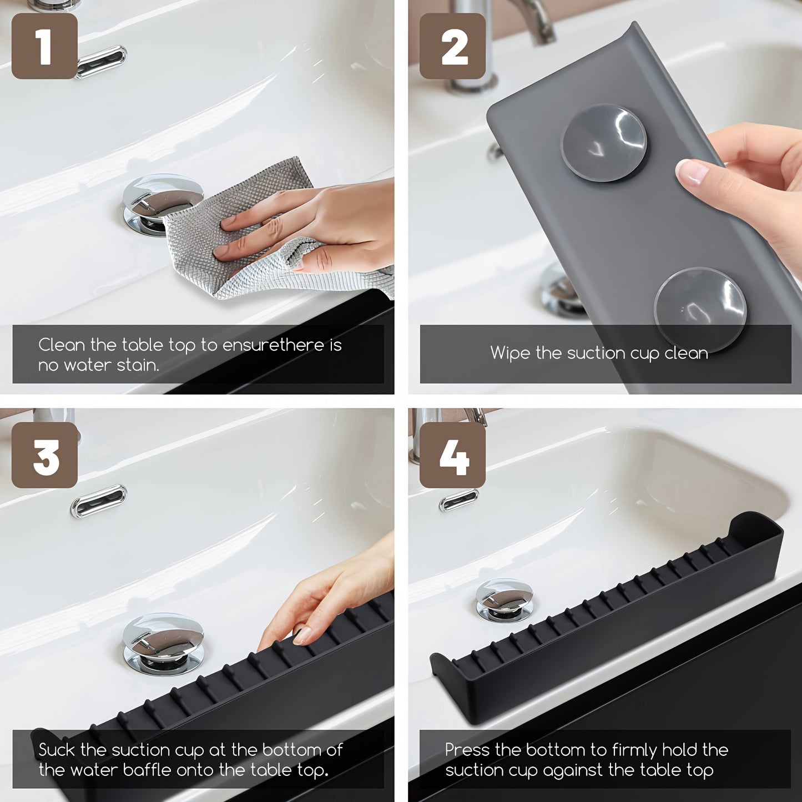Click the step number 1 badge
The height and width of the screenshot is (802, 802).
pos(44,46)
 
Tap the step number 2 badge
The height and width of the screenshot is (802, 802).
pos(452,46)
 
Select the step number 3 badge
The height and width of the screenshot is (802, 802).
pos(44,455)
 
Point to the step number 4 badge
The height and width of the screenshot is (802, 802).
pos(452,455)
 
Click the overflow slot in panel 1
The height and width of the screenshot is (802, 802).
pos(102,60)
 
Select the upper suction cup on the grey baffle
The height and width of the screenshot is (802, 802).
pos(604,143)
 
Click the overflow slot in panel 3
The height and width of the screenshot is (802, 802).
pos(99,501)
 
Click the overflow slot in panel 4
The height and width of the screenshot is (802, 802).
pos(459,500)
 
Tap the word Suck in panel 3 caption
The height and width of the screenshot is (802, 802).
pos(56,750)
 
